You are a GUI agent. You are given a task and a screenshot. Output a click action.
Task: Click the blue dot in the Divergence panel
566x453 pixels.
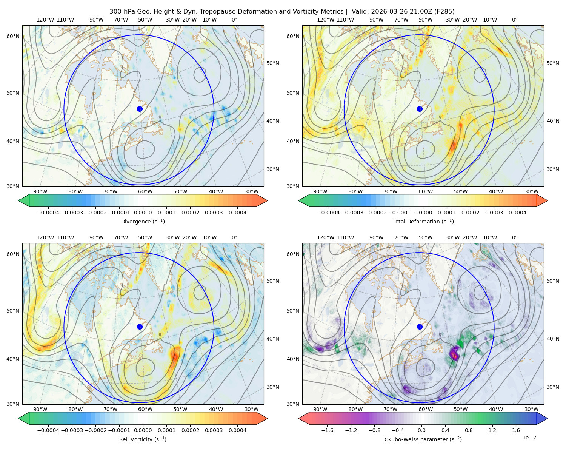click(140, 109)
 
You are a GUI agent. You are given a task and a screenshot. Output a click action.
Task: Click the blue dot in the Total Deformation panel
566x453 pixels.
click(420, 109)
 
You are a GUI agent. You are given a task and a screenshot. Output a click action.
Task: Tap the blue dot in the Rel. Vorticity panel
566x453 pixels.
click(140, 327)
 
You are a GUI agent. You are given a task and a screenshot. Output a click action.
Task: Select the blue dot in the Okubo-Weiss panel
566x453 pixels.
click(420, 327)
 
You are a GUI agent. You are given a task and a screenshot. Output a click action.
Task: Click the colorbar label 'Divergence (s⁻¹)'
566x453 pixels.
click(143, 221)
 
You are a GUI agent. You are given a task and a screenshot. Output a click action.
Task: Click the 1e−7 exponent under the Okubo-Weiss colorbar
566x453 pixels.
click(529, 438)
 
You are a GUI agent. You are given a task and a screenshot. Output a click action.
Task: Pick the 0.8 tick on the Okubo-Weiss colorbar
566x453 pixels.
click(469, 430)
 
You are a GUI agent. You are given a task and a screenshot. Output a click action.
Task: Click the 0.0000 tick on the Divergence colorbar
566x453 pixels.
click(143, 213)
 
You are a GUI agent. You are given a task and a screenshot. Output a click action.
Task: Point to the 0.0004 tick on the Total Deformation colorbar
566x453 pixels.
click(517, 213)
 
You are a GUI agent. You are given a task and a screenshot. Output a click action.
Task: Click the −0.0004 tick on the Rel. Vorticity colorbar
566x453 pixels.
click(48, 430)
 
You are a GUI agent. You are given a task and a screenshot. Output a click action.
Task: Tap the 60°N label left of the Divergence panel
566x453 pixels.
click(13, 36)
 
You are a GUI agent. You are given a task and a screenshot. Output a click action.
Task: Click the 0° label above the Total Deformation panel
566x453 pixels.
click(514, 20)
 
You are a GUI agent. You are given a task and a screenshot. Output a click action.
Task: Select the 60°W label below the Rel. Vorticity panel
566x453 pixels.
click(145, 409)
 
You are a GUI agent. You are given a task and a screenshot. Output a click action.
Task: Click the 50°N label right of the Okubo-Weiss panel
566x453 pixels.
click(552, 280)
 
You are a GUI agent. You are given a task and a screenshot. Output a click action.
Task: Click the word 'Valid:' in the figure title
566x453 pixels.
click(360, 11)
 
